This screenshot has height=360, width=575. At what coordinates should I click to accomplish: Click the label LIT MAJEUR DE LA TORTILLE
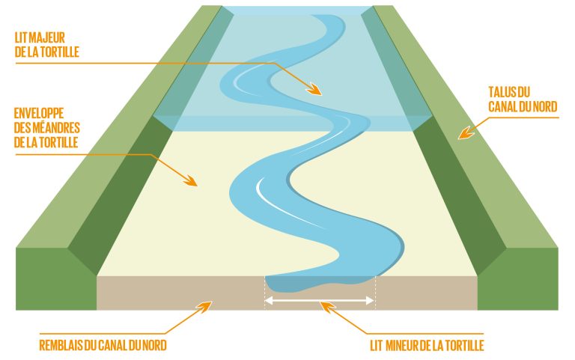[x=47, y=45]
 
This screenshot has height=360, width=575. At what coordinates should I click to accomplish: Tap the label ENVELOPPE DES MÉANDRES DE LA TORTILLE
[x=47, y=127]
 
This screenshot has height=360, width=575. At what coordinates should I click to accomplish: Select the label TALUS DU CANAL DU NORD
[x=523, y=99]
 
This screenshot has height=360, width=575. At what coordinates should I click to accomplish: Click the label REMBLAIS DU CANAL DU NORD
[x=103, y=345]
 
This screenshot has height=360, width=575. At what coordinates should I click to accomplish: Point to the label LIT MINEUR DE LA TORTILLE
[x=427, y=345]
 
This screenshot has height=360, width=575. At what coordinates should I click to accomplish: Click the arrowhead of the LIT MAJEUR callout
[x=314, y=89]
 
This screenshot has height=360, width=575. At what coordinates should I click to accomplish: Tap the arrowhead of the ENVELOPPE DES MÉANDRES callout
[x=191, y=180]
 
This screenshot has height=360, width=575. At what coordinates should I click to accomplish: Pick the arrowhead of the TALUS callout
[x=466, y=132]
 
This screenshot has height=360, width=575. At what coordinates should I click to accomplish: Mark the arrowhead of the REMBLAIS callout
[x=205, y=307]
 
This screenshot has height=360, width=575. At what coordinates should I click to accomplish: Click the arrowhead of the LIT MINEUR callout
[x=327, y=307]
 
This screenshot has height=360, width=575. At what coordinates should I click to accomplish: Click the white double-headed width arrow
[x=320, y=301]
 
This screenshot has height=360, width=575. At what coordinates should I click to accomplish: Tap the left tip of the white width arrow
[x=265, y=301]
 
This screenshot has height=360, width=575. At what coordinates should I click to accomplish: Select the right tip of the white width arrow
[x=374, y=301]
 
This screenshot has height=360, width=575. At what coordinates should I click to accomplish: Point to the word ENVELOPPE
[x=39, y=113]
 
